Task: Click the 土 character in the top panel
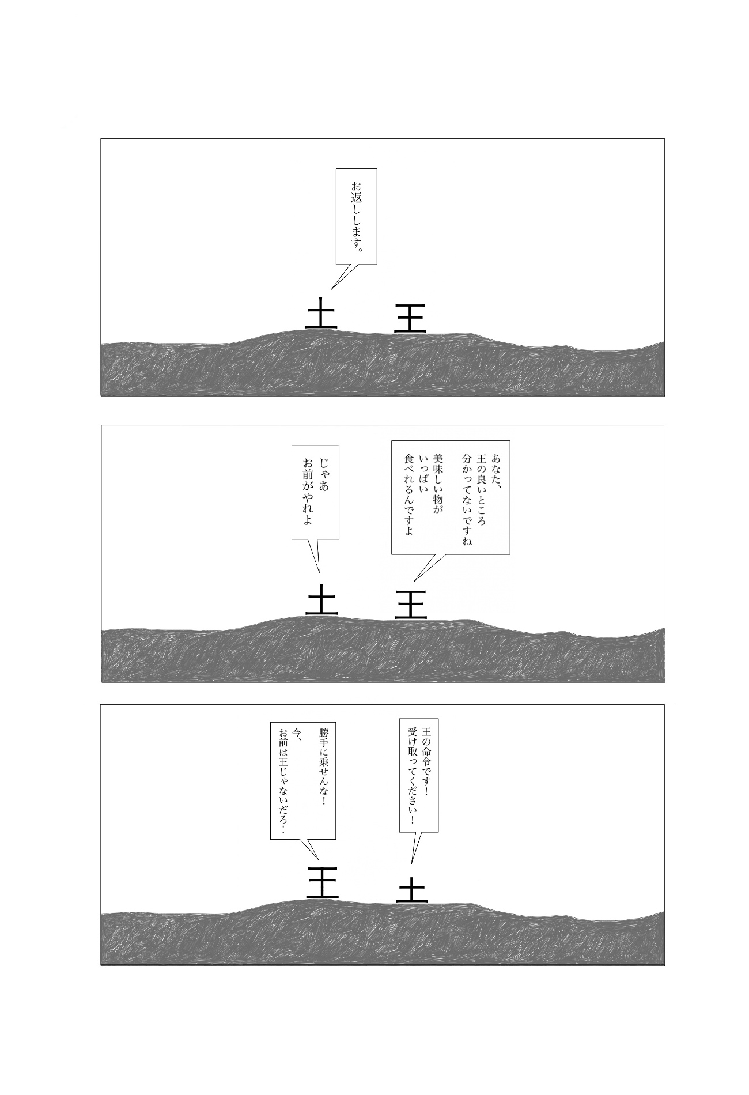pyautogui.click(x=321, y=314)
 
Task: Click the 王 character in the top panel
pyautogui.click(x=410, y=318)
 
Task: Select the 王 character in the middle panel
pyautogui.click(x=411, y=604)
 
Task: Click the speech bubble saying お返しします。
pyautogui.click(x=357, y=217)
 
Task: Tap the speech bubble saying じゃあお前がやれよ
pyautogui.click(x=315, y=492)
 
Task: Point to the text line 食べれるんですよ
pyautogui.click(x=410, y=494)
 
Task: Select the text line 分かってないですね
pyautogui.click(x=467, y=500)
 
